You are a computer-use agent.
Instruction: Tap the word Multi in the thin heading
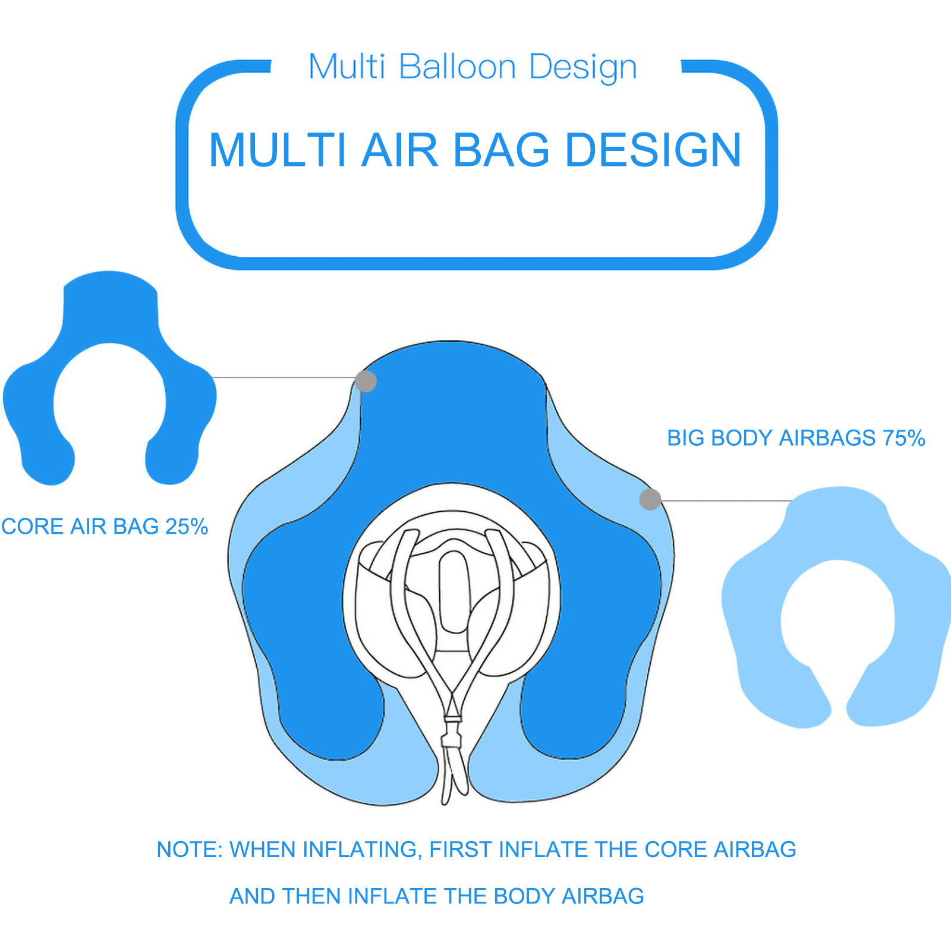click(x=347, y=66)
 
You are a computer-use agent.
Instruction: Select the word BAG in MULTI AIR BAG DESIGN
click(x=502, y=150)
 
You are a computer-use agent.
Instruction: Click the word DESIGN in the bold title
click(x=653, y=150)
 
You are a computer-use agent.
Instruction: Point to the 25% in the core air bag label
click(x=187, y=527)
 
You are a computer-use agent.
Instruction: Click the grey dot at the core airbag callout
click(x=366, y=381)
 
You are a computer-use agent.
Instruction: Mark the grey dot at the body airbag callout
click(x=650, y=499)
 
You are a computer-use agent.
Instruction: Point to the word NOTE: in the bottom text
click(x=190, y=849)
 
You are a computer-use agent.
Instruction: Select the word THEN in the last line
click(x=311, y=896)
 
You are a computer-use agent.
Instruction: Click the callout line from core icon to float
click(x=284, y=377)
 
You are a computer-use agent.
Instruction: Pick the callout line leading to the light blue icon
click(x=726, y=500)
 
